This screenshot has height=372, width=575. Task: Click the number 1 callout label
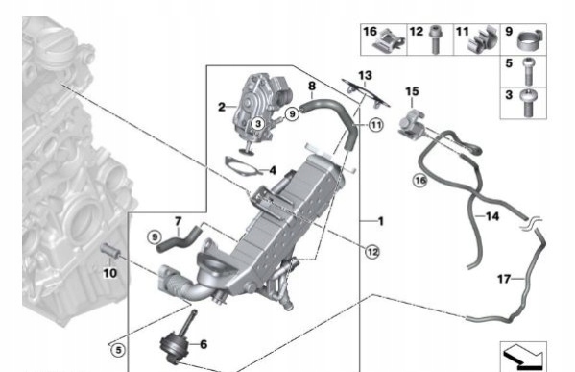pyautogui.click(x=380, y=222)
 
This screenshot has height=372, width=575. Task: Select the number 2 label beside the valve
pyautogui.click(x=221, y=107)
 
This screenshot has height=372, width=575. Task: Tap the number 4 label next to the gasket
pyautogui.click(x=273, y=171)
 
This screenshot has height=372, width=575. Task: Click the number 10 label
pyautogui.click(x=108, y=273)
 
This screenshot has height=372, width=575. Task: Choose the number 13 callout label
pyautogui.click(x=364, y=75)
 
